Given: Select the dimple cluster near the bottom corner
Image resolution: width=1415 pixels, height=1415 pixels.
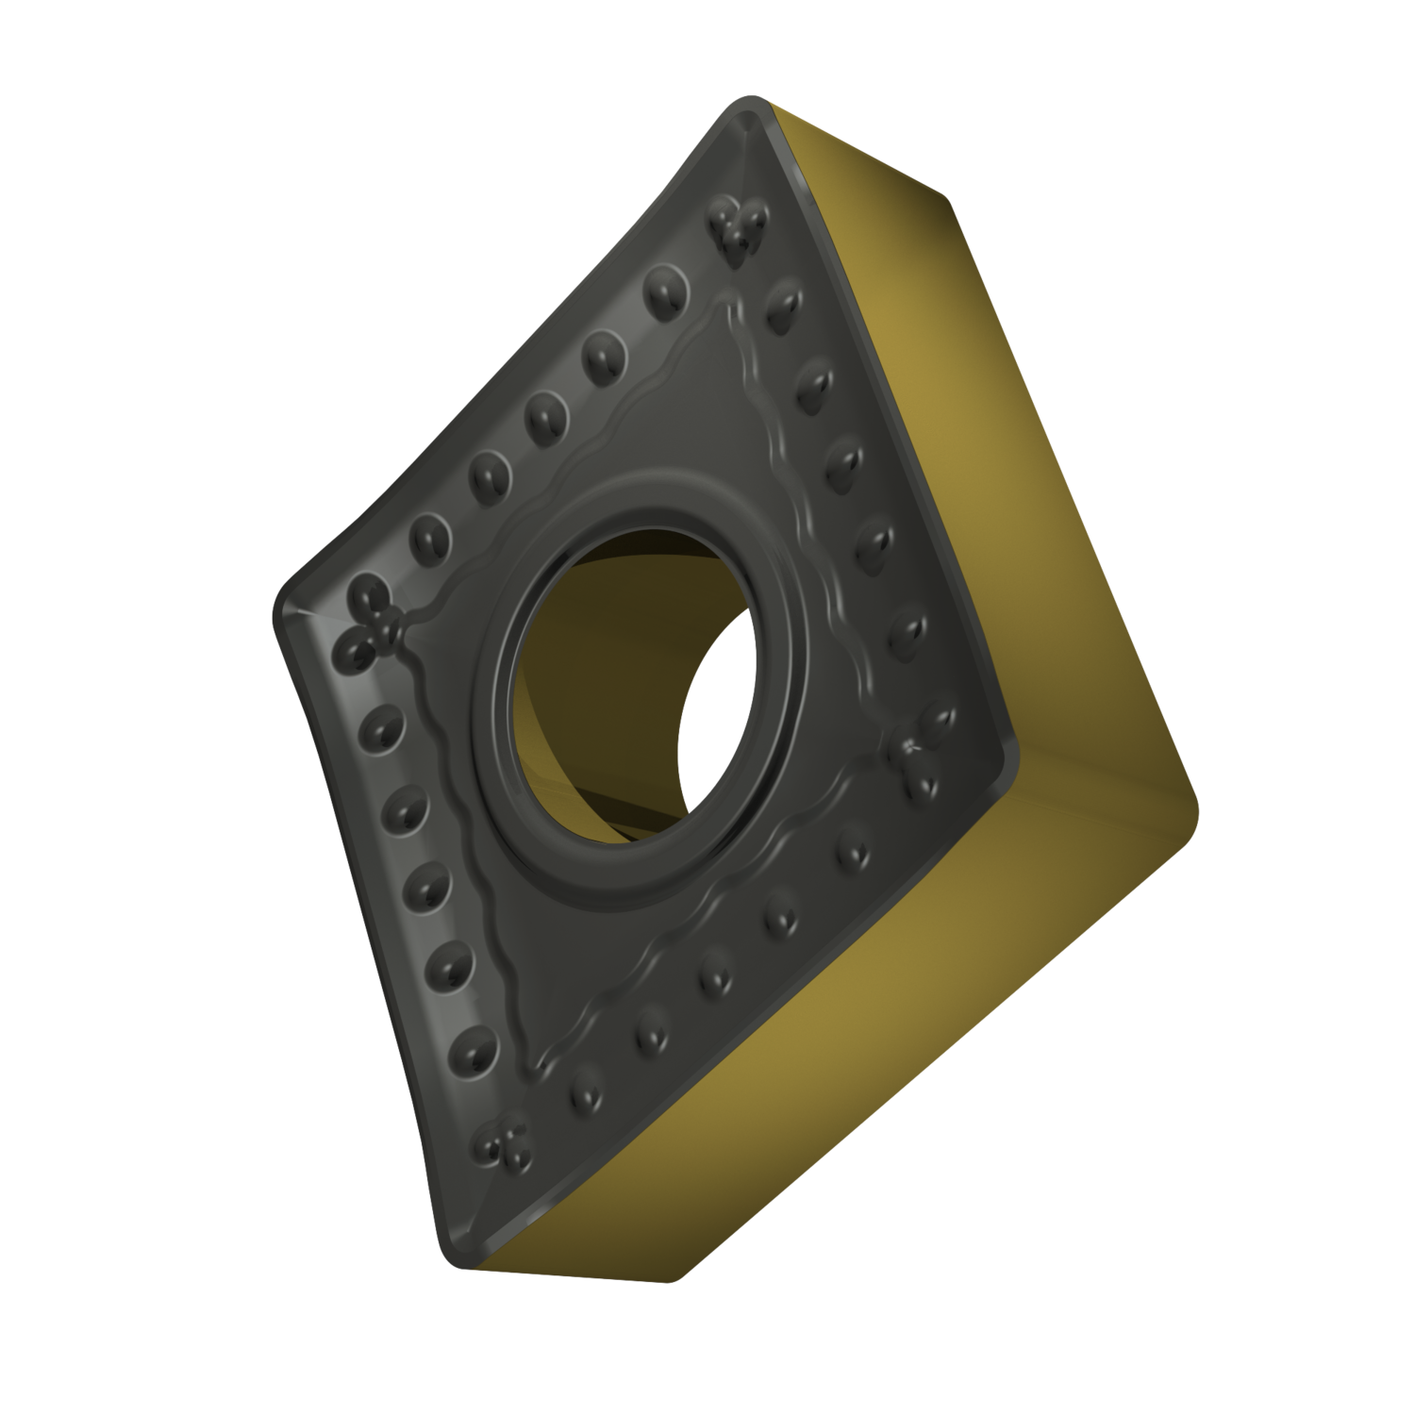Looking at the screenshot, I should (500, 1144).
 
